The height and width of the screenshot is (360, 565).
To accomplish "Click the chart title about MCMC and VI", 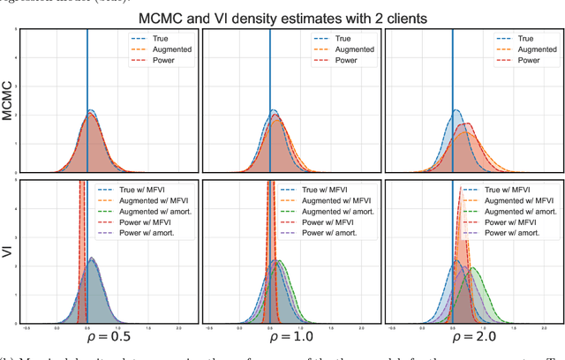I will pyautogui.click(x=289, y=17).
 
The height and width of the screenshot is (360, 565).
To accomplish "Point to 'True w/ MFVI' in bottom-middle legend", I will pyautogui.click(x=339, y=190).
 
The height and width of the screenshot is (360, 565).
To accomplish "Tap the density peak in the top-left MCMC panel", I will pyautogui.click(x=91, y=111).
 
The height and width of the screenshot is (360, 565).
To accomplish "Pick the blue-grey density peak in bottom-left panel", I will pyautogui.click(x=92, y=259).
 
